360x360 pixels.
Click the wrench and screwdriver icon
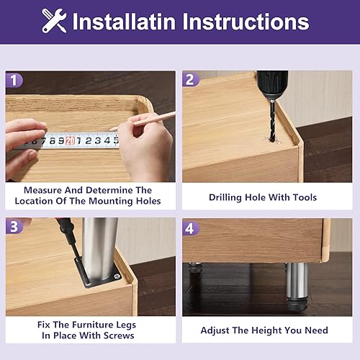click(x=54, y=21)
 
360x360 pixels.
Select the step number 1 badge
click(x=15, y=80)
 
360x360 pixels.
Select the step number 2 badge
click(x=192, y=80)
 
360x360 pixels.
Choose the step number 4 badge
click(x=192, y=228)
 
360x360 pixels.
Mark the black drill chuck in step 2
click(x=271, y=84)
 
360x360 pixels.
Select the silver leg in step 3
click(x=100, y=245)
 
